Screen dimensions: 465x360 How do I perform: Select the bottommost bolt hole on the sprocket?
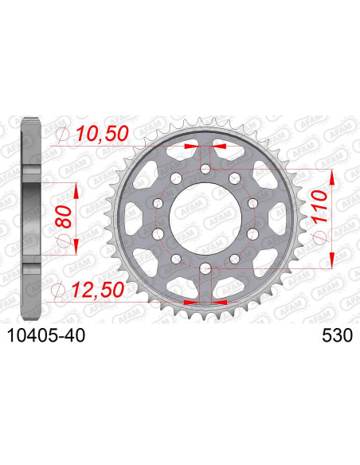(x=205, y=267)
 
